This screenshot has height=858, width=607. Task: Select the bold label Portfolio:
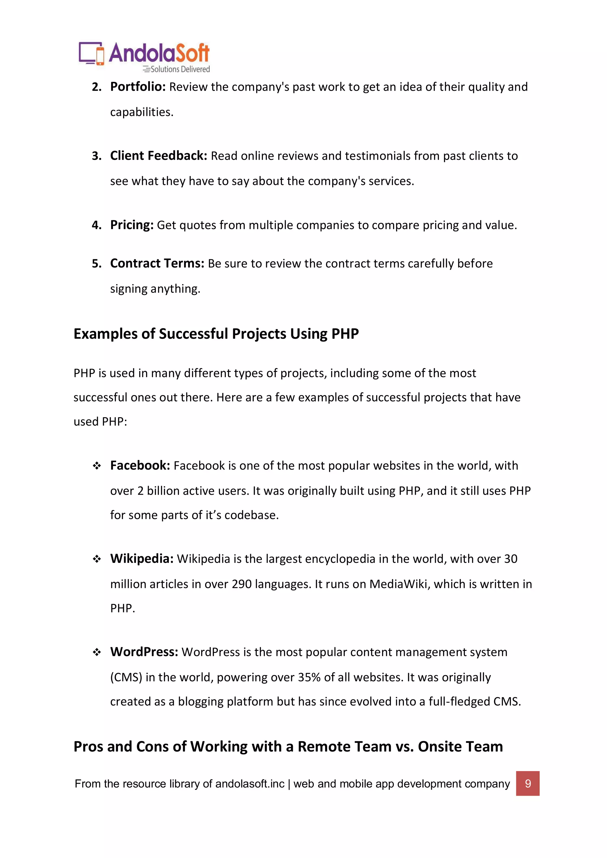click(x=138, y=87)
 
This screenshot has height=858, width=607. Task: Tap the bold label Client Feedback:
click(x=159, y=156)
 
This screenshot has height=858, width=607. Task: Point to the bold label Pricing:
click(x=132, y=225)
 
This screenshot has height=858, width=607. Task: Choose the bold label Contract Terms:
click(x=157, y=263)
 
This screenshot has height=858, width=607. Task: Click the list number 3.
click(x=96, y=156)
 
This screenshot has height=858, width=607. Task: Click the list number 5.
click(x=96, y=264)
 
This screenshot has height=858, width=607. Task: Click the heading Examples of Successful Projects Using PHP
click(x=216, y=334)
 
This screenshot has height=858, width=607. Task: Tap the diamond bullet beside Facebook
click(x=97, y=466)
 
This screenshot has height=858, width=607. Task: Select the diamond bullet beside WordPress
click(x=97, y=653)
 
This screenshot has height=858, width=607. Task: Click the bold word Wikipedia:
click(x=142, y=559)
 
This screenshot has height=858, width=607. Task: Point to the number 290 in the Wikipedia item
click(x=242, y=584)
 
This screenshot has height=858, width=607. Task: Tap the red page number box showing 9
click(x=527, y=783)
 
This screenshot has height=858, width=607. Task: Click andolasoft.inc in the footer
click(x=250, y=784)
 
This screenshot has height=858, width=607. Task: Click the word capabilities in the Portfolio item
click(x=142, y=112)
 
